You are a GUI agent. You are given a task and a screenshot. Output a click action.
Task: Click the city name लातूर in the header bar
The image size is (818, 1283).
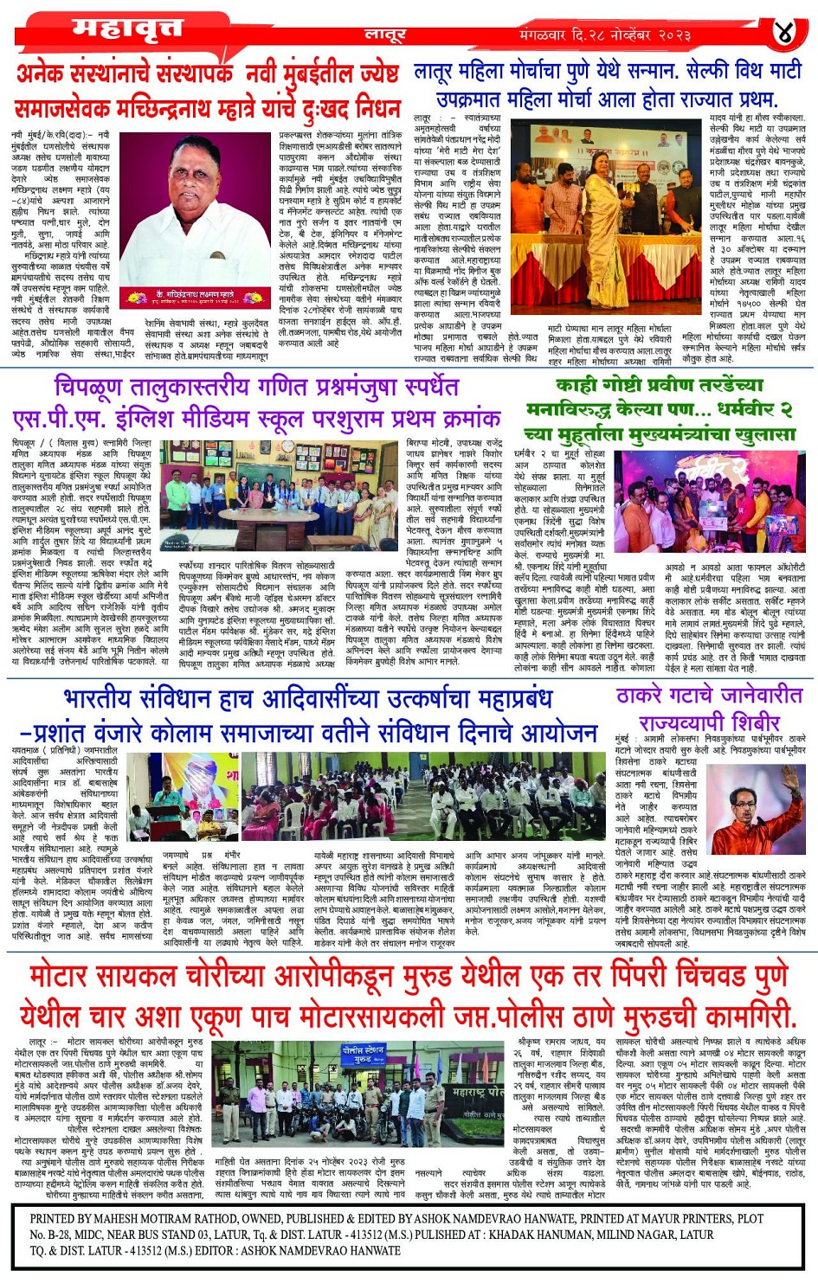point(386,35)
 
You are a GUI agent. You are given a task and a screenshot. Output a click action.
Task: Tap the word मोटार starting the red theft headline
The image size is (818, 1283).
point(70,975)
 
